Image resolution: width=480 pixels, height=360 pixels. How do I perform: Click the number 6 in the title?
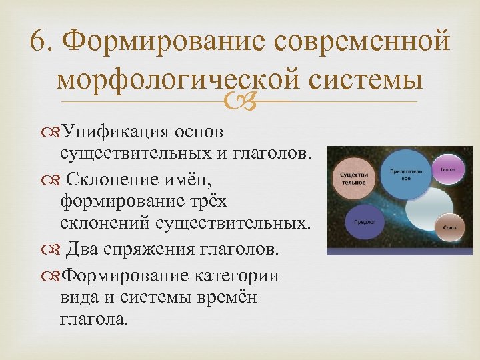(41, 43)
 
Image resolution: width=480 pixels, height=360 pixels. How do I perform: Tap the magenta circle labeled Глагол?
(447, 169)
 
